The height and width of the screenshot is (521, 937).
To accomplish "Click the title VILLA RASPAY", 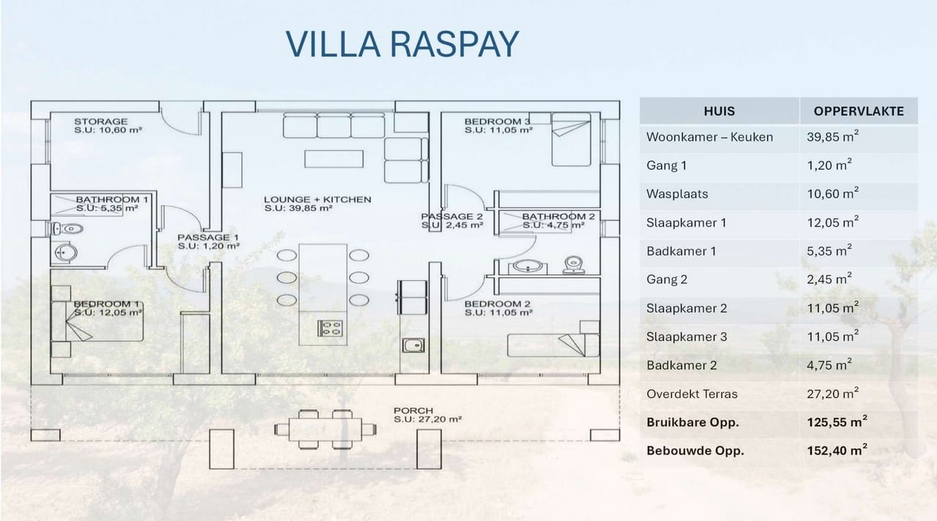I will (402, 44).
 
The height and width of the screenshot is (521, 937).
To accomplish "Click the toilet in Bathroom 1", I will (68, 229).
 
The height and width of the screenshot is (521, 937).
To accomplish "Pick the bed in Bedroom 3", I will (570, 139).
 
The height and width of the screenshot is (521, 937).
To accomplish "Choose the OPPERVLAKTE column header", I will (859, 111).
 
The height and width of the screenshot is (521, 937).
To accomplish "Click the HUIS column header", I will (719, 111).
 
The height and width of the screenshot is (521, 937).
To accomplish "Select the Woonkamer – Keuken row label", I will (709, 137).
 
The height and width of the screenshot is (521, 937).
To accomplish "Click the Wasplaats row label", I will (677, 194).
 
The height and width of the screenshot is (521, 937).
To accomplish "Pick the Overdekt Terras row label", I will (692, 394).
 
